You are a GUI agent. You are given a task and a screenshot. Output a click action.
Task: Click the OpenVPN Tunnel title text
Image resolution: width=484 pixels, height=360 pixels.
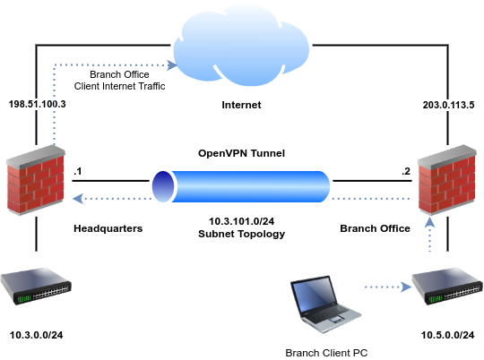[241, 154]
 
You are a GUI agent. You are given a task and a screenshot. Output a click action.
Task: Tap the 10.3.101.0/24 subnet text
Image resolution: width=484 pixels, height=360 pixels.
[241, 220]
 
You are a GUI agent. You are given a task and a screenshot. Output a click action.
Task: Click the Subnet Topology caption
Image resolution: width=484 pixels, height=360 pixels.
[241, 233]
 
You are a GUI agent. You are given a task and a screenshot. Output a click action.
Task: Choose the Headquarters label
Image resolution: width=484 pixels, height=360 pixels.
[108, 227]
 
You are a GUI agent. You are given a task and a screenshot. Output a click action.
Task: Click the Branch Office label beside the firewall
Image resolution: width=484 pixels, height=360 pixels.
[375, 227]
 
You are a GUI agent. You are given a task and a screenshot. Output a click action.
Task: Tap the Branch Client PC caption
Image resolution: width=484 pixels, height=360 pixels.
[325, 352]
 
